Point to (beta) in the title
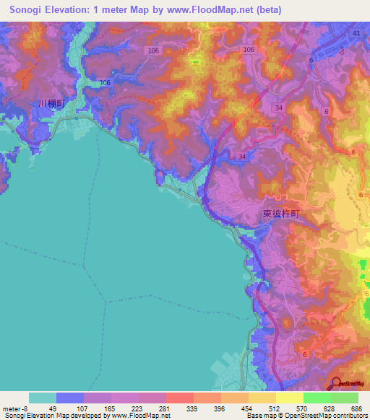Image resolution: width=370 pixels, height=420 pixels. [x=264, y=9]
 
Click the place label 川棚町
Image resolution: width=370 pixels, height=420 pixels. [x=51, y=104]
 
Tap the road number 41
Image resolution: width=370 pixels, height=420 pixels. [x=356, y=34]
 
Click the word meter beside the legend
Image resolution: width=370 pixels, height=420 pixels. [x=10, y=408]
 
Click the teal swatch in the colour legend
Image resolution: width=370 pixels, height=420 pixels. [x=42, y=398]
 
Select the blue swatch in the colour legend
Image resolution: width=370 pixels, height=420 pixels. [x=69, y=398]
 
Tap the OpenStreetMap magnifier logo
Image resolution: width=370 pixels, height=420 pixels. [x=337, y=383]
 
